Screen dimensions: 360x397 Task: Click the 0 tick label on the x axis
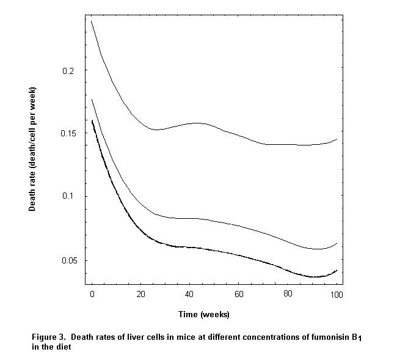click(x=92, y=295)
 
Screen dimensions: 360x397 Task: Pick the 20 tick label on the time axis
click(x=141, y=295)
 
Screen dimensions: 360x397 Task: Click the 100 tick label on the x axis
click(x=336, y=295)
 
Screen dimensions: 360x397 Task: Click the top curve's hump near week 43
click(x=197, y=123)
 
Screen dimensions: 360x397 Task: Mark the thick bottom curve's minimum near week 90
click(x=313, y=277)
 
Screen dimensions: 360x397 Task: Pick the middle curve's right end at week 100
click(x=337, y=243)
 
